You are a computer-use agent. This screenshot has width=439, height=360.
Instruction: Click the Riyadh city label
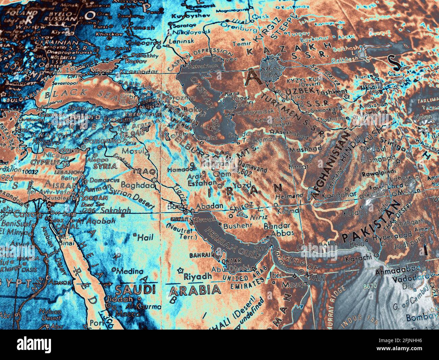[x=198, y=276]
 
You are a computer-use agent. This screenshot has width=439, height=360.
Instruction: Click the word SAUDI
[x=135, y=289]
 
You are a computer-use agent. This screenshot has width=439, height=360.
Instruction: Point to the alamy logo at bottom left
[x=35, y=344]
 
